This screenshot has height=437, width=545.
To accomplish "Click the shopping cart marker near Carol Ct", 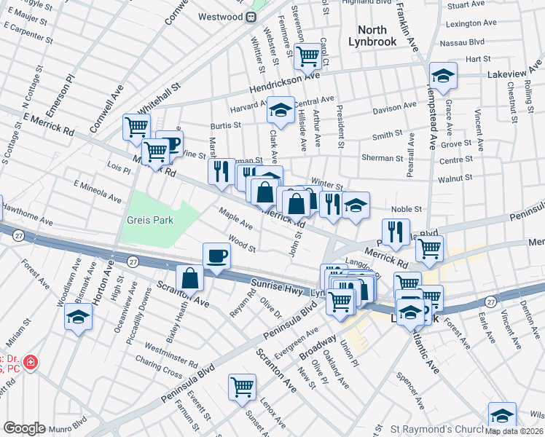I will click(308, 54).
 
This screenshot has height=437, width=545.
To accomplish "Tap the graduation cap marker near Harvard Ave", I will click(280, 110).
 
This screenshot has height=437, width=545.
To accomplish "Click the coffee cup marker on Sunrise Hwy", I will click(216, 256).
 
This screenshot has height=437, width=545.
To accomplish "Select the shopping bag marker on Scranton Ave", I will click(189, 278).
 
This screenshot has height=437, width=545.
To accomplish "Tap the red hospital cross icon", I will click(30, 362).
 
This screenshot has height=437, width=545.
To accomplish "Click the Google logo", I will click(24, 428).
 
